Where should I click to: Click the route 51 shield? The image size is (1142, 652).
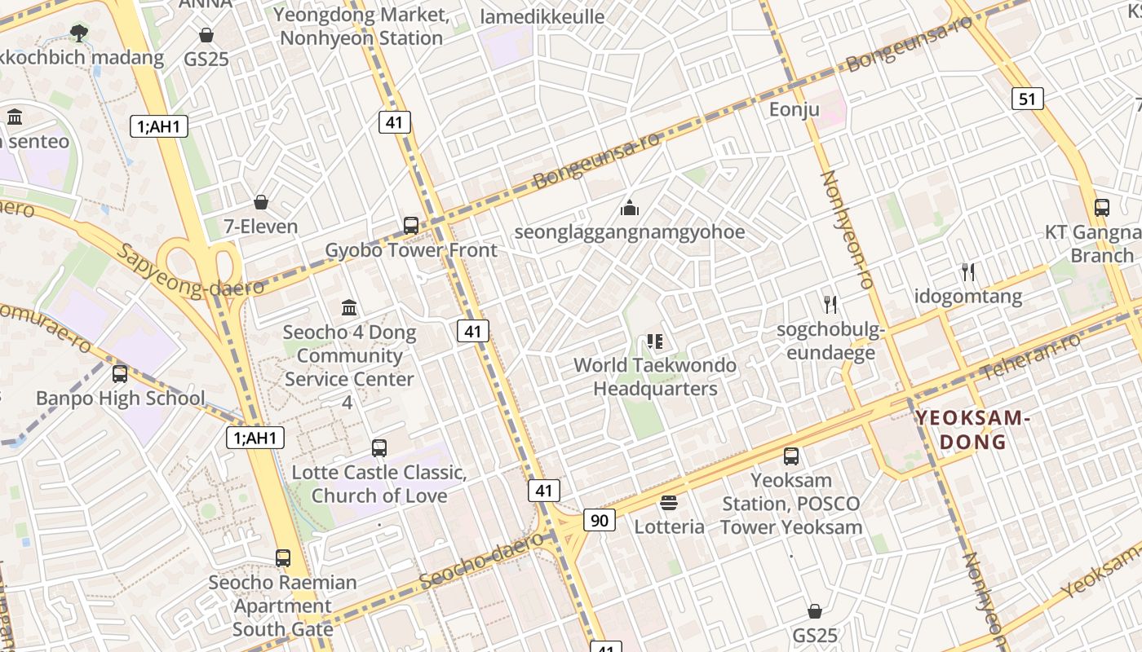[1028, 99]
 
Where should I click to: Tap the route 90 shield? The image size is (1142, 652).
[599, 519]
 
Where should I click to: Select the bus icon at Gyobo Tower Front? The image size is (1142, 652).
[411, 226]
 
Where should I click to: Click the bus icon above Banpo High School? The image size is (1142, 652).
[120, 374]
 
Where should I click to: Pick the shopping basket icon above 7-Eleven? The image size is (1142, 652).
[261, 202]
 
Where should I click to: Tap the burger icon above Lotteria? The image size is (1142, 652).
[669, 503]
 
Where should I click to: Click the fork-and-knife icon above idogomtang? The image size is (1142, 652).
[968, 271]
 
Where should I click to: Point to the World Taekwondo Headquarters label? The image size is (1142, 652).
[655, 377]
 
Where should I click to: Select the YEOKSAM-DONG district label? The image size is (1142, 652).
[972, 430]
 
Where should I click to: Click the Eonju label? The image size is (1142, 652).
[794, 109]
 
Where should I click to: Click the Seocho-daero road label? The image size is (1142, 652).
[481, 562]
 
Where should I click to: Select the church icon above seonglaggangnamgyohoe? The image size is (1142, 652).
[629, 209]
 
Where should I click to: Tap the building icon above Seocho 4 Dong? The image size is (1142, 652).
[350, 307]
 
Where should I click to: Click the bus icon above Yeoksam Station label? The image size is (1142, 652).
[790, 456]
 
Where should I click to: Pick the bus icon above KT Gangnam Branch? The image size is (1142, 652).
[1101, 208]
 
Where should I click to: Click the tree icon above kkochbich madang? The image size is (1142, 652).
[79, 33]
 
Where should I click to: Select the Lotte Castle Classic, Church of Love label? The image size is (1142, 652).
[379, 484]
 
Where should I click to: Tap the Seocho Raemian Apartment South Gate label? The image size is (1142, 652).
[282, 606]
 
